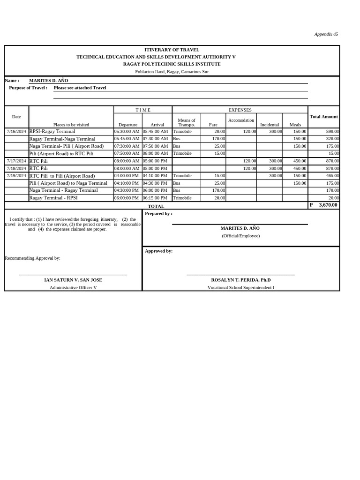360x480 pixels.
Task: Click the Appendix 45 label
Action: [x=326, y=34]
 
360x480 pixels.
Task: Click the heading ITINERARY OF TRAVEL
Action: [x=172, y=50]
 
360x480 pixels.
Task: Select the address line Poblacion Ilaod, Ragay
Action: [x=172, y=72]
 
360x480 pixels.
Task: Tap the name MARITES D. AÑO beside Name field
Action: [x=49, y=81]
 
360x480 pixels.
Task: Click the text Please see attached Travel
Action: [x=80, y=88]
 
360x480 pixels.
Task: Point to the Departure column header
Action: [x=128, y=125]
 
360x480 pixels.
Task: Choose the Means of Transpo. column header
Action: [x=187, y=122]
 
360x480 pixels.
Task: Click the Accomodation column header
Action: [x=241, y=120]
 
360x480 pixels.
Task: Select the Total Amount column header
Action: [x=323, y=117]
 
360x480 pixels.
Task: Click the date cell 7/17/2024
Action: [x=16, y=161]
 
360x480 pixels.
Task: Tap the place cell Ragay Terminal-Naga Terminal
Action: [x=62, y=139]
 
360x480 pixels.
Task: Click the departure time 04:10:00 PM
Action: [x=128, y=183]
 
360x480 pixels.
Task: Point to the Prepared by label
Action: [x=158, y=214]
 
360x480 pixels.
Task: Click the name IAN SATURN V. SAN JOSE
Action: [x=73, y=280]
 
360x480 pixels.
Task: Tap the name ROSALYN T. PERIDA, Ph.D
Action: [x=240, y=280]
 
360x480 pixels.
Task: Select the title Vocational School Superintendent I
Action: [x=240, y=287]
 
